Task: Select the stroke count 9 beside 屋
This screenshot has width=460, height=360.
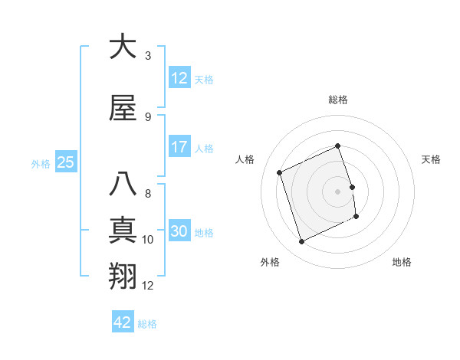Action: click(x=148, y=116)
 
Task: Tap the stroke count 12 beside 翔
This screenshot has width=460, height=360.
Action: click(x=148, y=286)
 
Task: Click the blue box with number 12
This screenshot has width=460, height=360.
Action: click(x=179, y=78)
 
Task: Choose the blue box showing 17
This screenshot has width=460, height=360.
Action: click(x=179, y=147)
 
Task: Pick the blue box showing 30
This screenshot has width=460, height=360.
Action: click(x=179, y=232)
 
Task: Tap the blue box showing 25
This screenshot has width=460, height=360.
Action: click(x=65, y=162)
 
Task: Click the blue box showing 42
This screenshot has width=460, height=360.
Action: click(x=123, y=322)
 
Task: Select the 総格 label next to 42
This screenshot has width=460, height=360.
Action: click(x=147, y=324)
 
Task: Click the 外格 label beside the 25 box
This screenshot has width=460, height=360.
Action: click(x=41, y=163)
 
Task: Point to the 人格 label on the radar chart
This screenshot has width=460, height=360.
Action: click(x=245, y=159)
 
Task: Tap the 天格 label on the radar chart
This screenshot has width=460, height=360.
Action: click(x=431, y=159)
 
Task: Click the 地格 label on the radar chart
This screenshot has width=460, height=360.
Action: click(x=402, y=262)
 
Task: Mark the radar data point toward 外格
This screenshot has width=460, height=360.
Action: click(x=301, y=242)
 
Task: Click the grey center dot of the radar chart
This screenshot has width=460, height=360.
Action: click(x=338, y=191)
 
